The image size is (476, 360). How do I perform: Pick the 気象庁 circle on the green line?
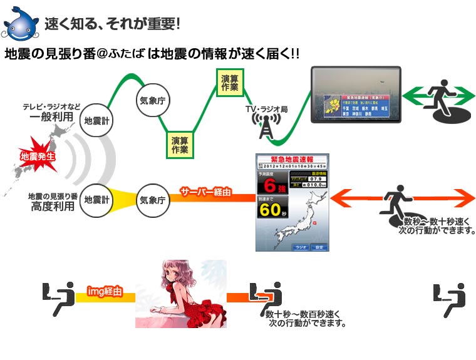[x=153, y=99]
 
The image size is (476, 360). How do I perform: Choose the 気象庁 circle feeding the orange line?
[x=153, y=200]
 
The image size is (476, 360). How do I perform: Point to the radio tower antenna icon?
[x=266, y=128]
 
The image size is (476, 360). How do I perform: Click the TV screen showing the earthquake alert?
[x=355, y=97]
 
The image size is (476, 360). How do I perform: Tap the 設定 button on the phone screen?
[x=319, y=247]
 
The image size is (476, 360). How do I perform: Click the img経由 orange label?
[x=105, y=291]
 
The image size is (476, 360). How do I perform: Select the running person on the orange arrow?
[x=395, y=200]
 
